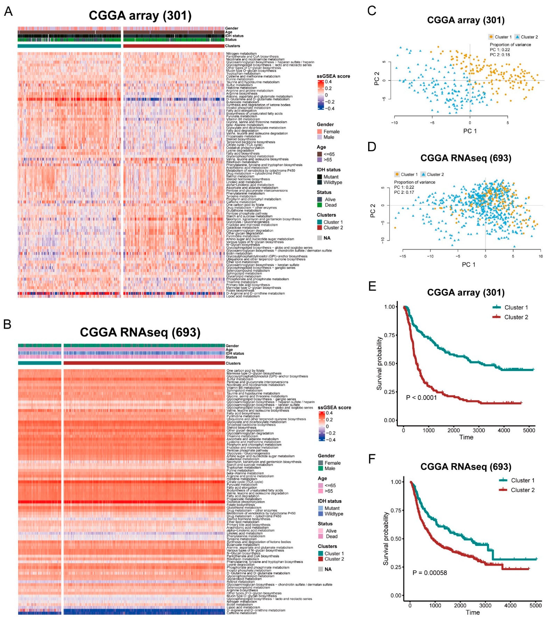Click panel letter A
(x=8, y=11)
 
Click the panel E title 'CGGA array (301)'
(x=465, y=292)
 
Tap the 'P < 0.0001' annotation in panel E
(x=421, y=398)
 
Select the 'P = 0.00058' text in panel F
(x=429, y=572)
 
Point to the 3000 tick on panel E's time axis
(x=479, y=430)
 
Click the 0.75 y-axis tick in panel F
(x=396, y=510)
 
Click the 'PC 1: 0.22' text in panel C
(x=500, y=50)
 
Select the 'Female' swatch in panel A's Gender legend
(x=320, y=132)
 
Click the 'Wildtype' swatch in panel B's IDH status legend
(x=320, y=514)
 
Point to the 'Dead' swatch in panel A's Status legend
(x=320, y=205)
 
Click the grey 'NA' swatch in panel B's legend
(x=320, y=569)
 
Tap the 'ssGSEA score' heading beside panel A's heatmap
(x=333, y=76)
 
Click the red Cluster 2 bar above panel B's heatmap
(x=144, y=363)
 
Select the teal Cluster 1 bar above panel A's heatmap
(x=69, y=46)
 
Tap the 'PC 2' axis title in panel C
(x=377, y=79)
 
